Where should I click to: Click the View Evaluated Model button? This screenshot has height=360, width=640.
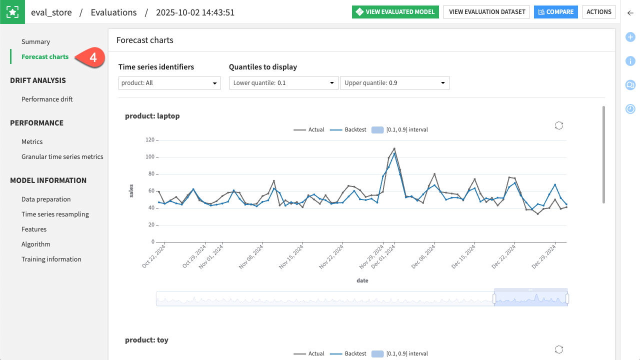click(395, 12)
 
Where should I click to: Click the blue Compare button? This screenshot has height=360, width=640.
click(555, 12)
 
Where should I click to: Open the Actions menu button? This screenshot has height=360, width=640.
click(598, 12)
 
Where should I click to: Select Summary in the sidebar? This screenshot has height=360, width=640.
click(35, 42)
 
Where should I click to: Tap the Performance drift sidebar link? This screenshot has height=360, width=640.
click(47, 99)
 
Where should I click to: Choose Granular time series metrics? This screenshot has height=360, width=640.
click(62, 157)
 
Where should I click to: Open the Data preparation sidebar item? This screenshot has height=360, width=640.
click(46, 199)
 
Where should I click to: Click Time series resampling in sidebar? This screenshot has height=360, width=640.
click(55, 214)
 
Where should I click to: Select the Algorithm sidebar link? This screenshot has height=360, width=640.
click(36, 244)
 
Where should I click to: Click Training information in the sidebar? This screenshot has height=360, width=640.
click(51, 259)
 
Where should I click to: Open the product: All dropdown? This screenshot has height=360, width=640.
click(169, 83)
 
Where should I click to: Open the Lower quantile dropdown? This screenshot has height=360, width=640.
click(283, 83)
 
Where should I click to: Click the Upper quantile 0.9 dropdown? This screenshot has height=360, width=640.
click(394, 83)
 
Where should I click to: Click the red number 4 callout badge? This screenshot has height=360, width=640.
click(93, 57)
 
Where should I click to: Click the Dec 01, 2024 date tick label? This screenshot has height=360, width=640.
click(386, 256)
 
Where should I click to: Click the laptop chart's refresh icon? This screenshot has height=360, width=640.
click(559, 125)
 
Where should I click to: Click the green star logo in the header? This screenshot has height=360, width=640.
click(12, 12)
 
